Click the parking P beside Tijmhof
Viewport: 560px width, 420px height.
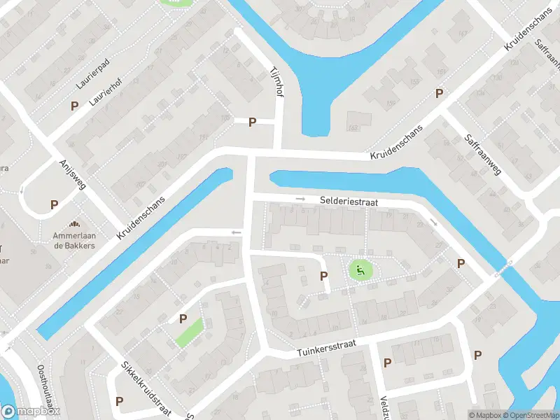[x=252, y=122]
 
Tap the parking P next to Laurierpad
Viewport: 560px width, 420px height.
[x=74, y=106]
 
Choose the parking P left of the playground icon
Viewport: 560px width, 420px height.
[x=323, y=276]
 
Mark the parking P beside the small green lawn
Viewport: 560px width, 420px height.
[x=183, y=318]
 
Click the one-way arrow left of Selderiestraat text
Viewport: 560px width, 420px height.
[x=301, y=199]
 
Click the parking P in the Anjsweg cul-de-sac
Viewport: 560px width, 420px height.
[x=54, y=205]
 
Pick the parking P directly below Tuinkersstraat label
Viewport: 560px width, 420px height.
[x=386, y=363]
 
